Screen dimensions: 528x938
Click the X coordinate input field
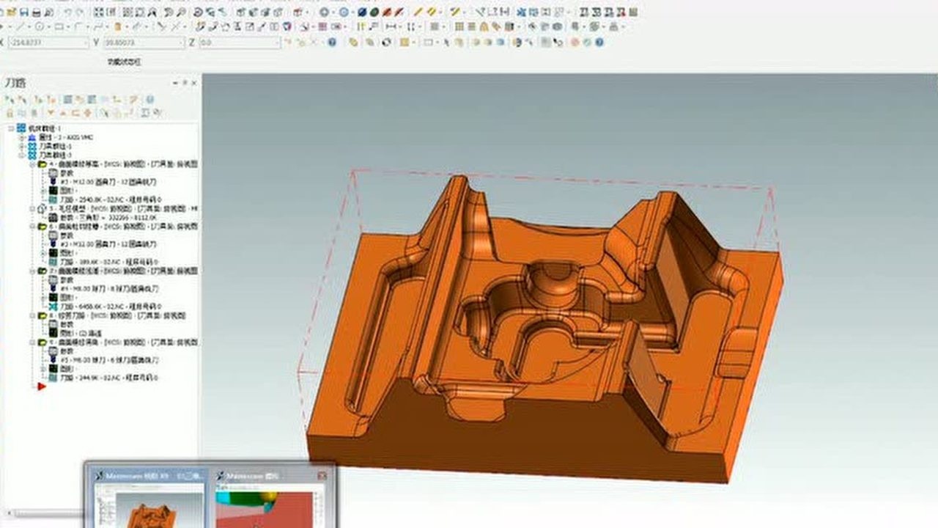point(48,43)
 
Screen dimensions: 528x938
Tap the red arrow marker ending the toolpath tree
point(42,386)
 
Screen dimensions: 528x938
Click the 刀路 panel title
point(15,82)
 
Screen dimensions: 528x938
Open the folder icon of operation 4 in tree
point(43,164)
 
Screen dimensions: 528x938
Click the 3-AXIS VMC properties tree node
point(66,137)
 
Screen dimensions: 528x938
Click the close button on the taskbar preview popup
point(322,476)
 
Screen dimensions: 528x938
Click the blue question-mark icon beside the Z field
point(332,43)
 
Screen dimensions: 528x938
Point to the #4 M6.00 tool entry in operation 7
point(110,288)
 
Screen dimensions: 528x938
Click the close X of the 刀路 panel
point(193,82)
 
